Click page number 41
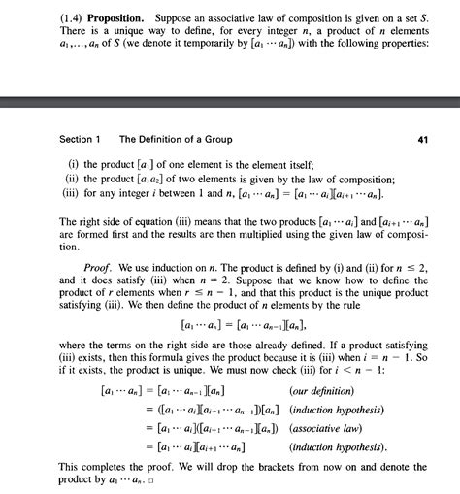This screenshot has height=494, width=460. point(422,139)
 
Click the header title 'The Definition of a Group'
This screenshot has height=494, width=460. point(176,139)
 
